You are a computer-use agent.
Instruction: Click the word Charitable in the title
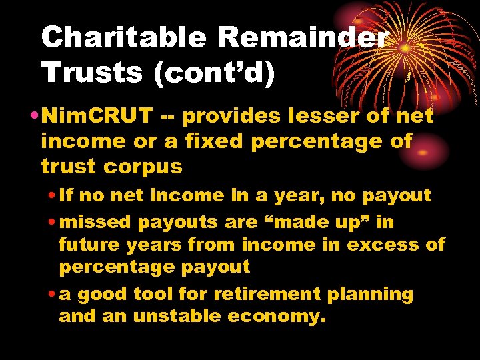coord(123,39)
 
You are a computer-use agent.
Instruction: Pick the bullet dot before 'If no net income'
coord(51,196)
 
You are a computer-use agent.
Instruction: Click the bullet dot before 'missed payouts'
coord(51,221)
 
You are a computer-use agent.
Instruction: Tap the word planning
coord(375,294)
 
